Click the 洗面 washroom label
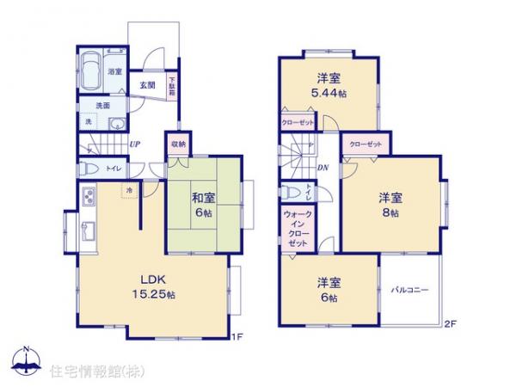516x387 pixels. click(102, 106)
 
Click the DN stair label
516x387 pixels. click(322, 167)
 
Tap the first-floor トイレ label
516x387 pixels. click(113, 169)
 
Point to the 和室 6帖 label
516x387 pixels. click(204, 206)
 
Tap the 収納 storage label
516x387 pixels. click(177, 144)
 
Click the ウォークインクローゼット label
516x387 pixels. click(298, 229)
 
